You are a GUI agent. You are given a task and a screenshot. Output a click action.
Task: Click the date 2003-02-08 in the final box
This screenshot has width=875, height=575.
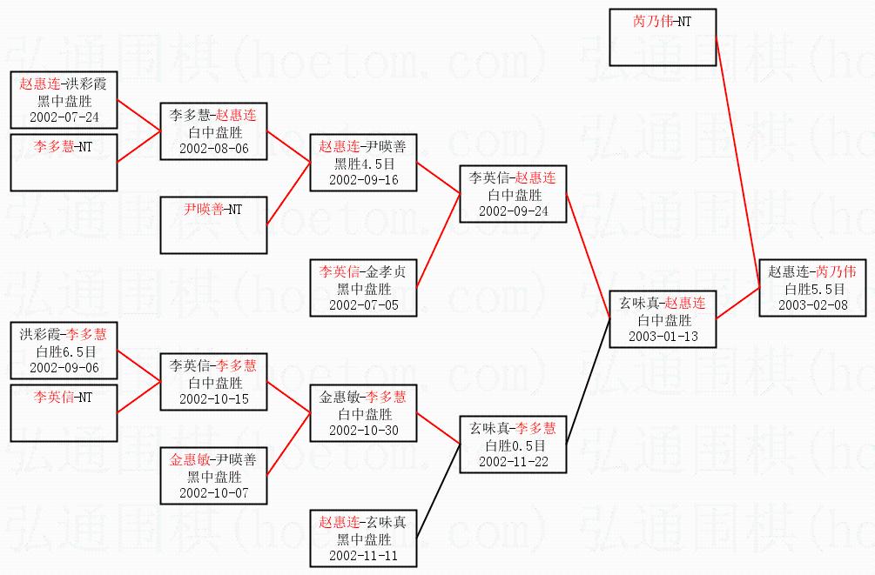pos(812,304)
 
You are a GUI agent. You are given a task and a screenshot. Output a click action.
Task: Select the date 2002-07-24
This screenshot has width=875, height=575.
pos(63,116)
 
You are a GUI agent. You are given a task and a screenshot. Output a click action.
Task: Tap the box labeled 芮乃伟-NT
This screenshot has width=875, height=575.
pos(662,37)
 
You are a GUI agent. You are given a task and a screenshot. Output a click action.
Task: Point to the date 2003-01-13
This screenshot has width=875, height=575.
pos(663,337)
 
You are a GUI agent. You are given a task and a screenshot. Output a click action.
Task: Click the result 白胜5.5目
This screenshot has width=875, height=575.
pos(812,288)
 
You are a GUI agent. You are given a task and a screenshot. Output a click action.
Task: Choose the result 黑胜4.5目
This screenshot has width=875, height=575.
pos(363,164)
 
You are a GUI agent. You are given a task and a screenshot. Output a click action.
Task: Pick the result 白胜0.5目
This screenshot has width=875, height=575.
pos(514,445)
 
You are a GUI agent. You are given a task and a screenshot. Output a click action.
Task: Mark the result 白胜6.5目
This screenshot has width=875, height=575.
pos(63,351)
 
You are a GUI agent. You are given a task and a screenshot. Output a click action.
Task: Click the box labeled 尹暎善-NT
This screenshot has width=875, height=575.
pos(213,224)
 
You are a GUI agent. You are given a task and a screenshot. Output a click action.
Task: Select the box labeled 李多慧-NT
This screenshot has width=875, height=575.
pos(63,162)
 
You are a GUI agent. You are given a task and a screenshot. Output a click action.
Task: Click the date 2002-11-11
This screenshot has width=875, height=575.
pos(363,555)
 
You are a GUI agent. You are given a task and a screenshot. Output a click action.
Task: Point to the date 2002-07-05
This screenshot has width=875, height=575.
pos(363,304)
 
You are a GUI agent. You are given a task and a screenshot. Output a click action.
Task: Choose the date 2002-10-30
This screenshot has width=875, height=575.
pos(363,430)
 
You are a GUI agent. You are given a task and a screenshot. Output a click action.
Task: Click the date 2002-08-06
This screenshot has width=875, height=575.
pos(213,148)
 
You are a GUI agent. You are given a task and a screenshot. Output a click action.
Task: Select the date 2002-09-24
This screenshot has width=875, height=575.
pos(514,211)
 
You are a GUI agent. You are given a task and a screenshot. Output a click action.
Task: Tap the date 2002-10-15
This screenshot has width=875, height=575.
pos(213,398)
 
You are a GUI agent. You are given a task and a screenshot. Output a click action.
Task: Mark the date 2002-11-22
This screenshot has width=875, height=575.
pos(514,461)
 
